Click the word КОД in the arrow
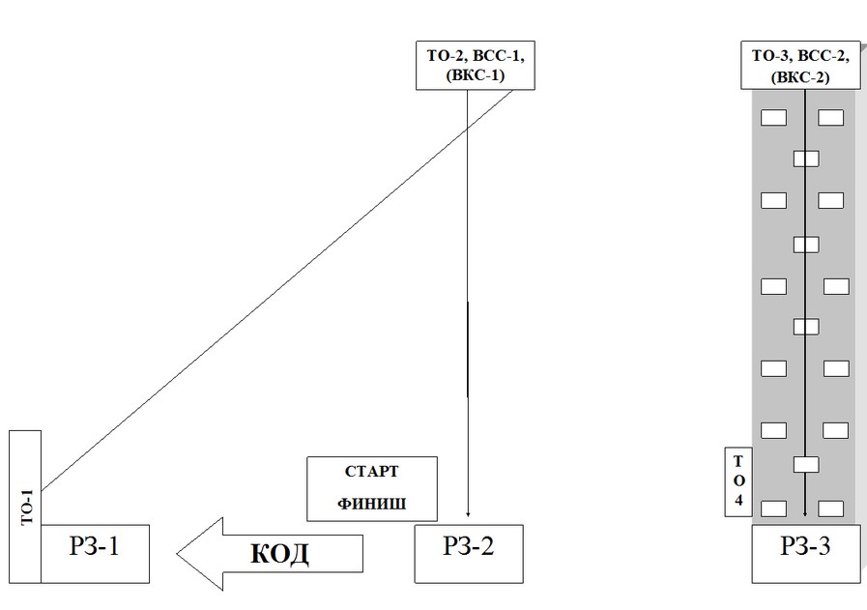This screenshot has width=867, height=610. [279, 553]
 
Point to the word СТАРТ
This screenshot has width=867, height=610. [372, 473]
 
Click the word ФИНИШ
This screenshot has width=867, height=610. [372, 504]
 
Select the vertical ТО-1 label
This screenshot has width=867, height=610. [26, 507]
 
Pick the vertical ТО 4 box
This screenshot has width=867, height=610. [738, 481]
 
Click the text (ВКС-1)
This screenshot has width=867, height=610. [476, 77]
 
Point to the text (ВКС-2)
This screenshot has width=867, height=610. [805, 78]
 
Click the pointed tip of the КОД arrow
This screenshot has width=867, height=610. [180, 554]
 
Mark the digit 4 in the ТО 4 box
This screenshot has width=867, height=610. [738, 502]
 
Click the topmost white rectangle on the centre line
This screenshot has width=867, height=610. [805, 159]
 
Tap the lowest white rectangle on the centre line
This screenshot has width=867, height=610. [805, 465]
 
